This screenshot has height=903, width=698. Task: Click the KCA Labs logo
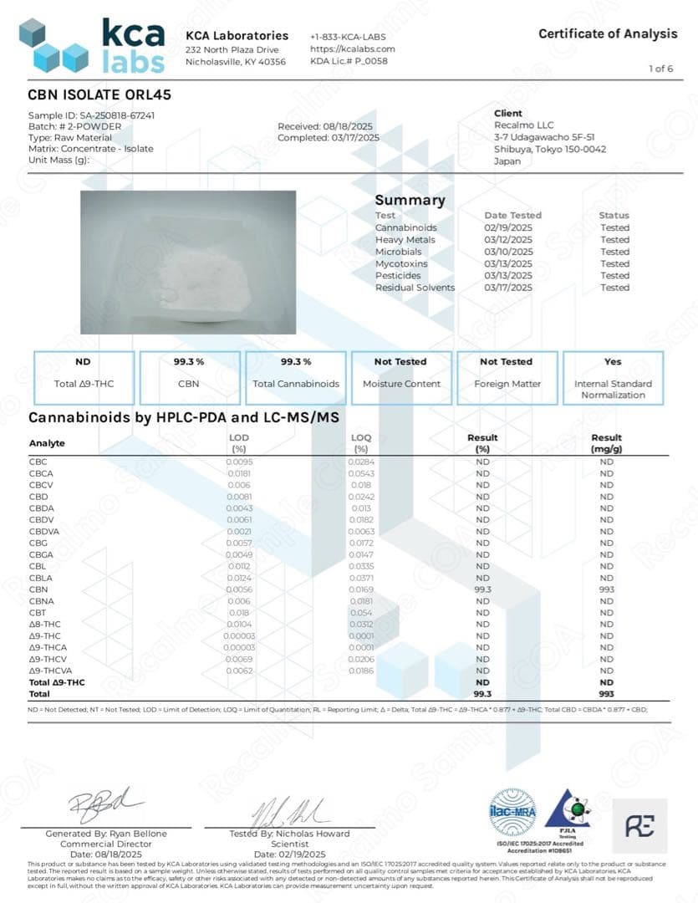pos(92,45)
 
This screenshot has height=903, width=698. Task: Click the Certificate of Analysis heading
pos(608,33)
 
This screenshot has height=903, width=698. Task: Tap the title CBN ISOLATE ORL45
pos(99,95)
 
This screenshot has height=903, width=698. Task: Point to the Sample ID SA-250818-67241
pos(92,115)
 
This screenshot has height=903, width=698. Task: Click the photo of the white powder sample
pos(188,262)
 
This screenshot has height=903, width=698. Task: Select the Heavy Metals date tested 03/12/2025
pos(508,240)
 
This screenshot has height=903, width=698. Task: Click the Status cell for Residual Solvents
pos(614,288)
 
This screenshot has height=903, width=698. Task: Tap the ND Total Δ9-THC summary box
pos(83,373)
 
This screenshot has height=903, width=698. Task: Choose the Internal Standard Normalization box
pos(613,378)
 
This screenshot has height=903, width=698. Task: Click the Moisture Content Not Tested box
pos(401,373)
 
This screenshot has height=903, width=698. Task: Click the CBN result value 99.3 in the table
pos(482,589)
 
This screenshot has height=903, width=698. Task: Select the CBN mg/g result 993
pos(606,589)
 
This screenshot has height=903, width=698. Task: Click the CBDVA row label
pos(43,531)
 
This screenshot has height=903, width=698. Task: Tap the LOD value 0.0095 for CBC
pos(239,462)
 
